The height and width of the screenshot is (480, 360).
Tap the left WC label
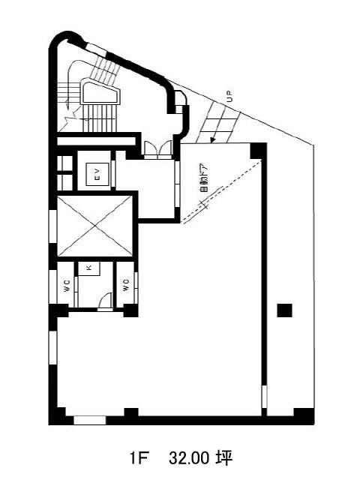pyautogui.click(x=67, y=286)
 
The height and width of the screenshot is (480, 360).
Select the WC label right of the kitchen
pyautogui.click(x=126, y=285)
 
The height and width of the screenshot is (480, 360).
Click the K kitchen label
pyautogui.click(x=89, y=268)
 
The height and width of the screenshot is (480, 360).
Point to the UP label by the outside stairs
pyautogui.click(x=229, y=97)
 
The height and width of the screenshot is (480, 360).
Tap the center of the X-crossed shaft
pyautogui.click(x=95, y=226)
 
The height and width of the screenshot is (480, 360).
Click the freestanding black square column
pyautogui.click(x=285, y=310)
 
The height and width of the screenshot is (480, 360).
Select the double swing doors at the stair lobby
pyautogui.click(x=158, y=149)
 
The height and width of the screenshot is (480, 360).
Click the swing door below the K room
pyautogui.click(x=106, y=301)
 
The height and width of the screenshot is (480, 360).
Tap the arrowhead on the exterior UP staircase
pyautogui.click(x=211, y=140)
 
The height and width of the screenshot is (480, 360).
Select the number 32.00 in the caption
pyautogui.click(x=189, y=458)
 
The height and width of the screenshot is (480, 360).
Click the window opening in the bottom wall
pyautogui.click(x=90, y=420)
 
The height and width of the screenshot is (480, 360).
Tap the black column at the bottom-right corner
pyautogui.click(x=304, y=415)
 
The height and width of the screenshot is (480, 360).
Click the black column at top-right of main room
pyautogui.click(x=258, y=151)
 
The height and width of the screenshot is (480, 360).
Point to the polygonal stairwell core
pyautogui.click(x=100, y=91)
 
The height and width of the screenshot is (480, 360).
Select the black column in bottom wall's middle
pyautogui.click(x=131, y=415)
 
